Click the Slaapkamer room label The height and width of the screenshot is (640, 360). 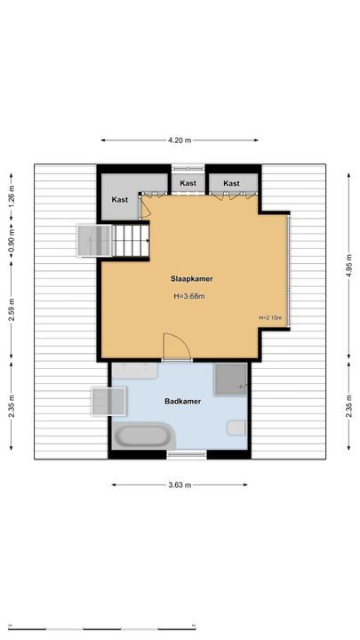[192, 278]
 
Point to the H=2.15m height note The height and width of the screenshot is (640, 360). [270, 318]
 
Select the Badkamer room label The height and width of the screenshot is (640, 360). [182, 402]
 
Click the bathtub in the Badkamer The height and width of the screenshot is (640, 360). [143, 437]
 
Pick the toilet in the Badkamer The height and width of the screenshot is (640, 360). [236, 428]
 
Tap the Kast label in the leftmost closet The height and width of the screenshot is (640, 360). [120, 200]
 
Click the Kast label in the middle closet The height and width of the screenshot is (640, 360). [188, 183]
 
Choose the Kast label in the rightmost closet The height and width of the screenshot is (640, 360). [232, 183]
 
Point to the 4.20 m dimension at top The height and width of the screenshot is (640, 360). [180, 140]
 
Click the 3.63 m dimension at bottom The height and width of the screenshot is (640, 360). [180, 484]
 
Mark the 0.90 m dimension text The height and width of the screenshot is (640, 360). [12, 240]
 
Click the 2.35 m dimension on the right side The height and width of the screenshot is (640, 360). [348, 410]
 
